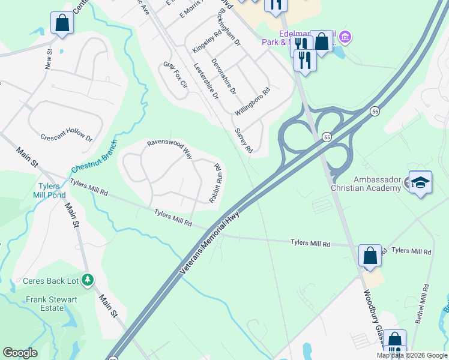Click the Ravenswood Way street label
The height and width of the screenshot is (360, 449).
pos(170,149)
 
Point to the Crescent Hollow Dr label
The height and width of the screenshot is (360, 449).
pos(67,137)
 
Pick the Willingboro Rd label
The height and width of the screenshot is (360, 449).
pos(253,102)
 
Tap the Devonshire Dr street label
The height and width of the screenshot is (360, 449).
pos(224,76)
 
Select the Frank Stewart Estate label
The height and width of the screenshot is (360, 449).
pos(53,304)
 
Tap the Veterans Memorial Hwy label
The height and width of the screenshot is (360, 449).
pos(209,242)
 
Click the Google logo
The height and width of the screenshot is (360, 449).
pos(20,353)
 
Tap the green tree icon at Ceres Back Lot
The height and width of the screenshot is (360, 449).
pos(88,280)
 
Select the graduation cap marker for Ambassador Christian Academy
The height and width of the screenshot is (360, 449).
pos(421,183)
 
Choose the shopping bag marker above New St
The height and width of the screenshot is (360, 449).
pos(62,23)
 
